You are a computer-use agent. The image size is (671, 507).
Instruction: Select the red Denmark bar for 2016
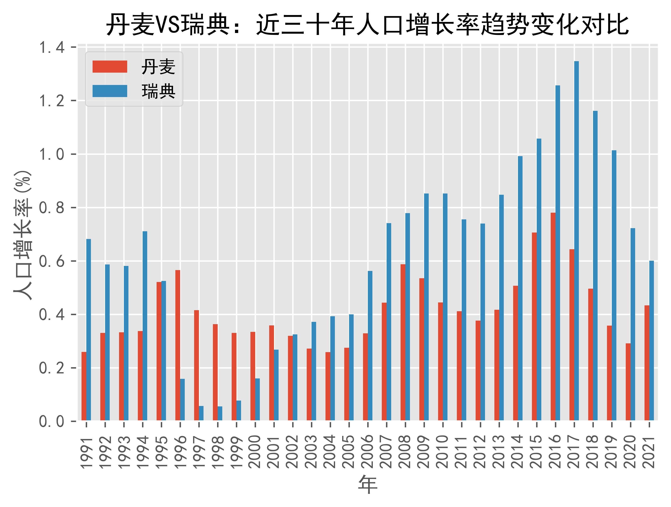click(x=553, y=316)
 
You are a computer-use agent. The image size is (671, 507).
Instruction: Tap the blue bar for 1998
click(x=220, y=413)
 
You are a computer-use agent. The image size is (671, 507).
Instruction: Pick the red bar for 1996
click(x=178, y=345)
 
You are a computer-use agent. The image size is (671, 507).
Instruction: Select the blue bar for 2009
click(x=426, y=307)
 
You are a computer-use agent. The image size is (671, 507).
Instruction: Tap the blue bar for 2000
click(x=257, y=399)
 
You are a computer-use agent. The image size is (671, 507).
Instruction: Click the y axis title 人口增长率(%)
click(x=23, y=235)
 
